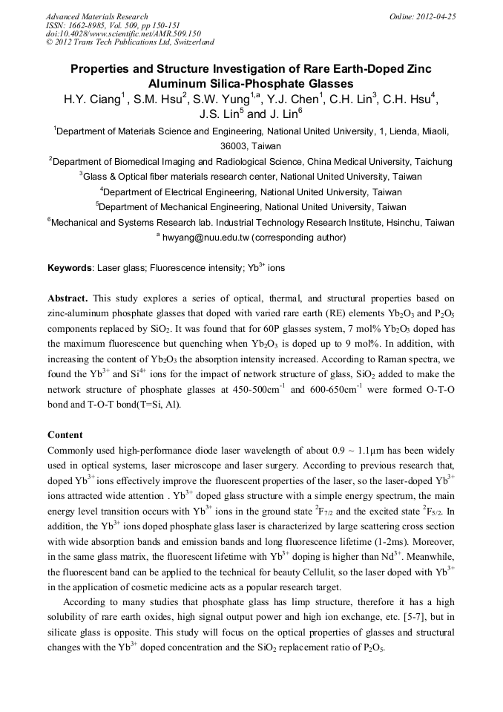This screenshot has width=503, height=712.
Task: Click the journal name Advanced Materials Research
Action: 96,16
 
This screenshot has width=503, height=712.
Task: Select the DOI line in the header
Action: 123,33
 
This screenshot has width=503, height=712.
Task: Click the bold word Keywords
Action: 70,267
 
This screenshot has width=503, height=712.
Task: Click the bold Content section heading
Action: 65,434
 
